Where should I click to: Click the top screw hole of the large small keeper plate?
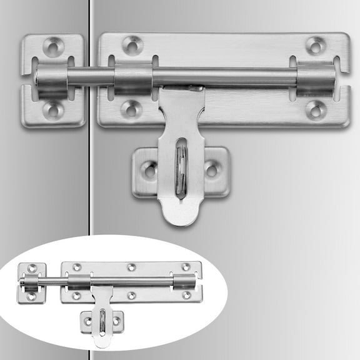(x=53, y=46)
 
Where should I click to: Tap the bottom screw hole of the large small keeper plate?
(x=53, y=111)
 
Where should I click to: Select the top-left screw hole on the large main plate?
(x=132, y=44)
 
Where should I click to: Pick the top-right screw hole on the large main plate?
(x=316, y=45)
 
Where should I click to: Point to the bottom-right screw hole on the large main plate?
(x=316, y=109)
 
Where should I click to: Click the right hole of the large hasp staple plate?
(x=211, y=169)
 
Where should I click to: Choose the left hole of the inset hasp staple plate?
(x=88, y=321)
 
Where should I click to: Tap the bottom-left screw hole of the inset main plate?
(x=76, y=295)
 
